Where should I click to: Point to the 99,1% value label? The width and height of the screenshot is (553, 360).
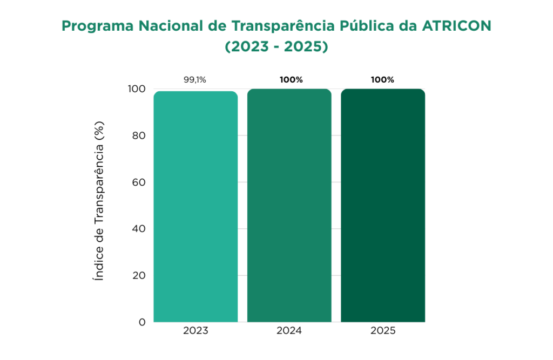(195, 80)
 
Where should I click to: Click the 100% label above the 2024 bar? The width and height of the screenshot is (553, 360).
(291, 80)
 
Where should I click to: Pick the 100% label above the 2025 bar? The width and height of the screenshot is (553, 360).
(382, 80)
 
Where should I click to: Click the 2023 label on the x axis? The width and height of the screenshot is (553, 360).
(195, 331)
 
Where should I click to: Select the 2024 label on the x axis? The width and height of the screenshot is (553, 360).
(289, 331)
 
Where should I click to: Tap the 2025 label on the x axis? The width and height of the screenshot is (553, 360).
(383, 331)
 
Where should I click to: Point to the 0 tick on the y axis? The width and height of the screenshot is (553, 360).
(142, 322)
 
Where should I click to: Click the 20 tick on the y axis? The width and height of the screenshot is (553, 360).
(139, 275)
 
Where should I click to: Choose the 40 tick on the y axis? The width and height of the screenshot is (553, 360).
(139, 229)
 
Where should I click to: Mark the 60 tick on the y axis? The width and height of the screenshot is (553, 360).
(139, 182)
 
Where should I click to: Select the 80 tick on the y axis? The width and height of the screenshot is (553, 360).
(139, 135)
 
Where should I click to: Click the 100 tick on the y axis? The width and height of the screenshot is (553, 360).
(137, 89)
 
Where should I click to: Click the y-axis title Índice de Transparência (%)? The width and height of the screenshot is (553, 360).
(99, 201)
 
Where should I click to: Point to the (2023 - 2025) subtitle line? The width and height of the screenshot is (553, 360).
(276, 47)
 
